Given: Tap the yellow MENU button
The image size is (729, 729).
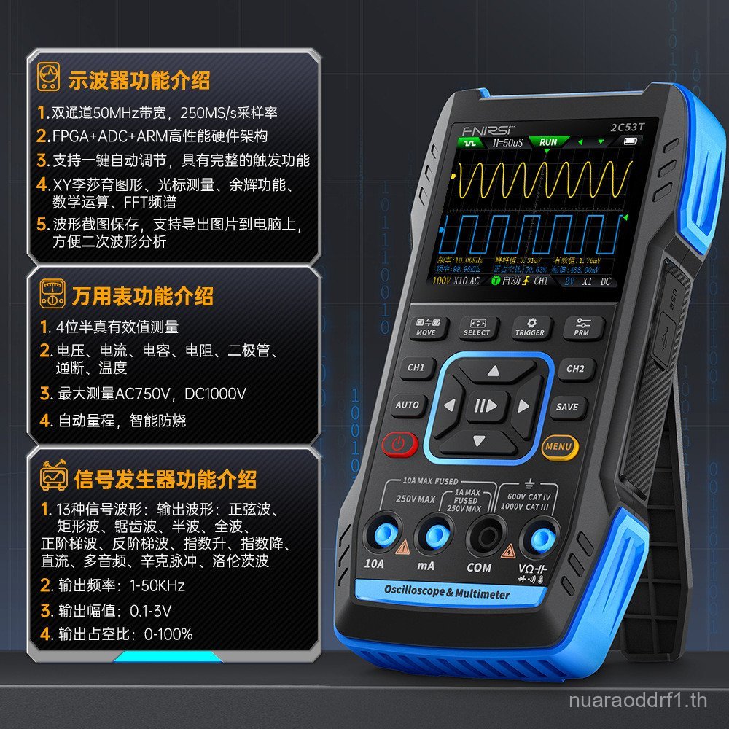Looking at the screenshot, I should [559, 446].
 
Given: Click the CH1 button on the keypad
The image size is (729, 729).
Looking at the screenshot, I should [416, 368].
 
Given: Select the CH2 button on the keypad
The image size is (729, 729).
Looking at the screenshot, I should [575, 369].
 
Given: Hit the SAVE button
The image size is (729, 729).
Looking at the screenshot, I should [566, 408].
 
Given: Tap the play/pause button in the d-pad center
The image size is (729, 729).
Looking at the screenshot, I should [486, 406].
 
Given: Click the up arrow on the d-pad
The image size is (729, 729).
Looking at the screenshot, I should [494, 371].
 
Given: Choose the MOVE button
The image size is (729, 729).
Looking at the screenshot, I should [426, 327].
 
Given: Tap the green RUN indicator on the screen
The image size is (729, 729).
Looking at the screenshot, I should [548, 141].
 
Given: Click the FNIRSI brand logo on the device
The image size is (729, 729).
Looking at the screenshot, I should [483, 130].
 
